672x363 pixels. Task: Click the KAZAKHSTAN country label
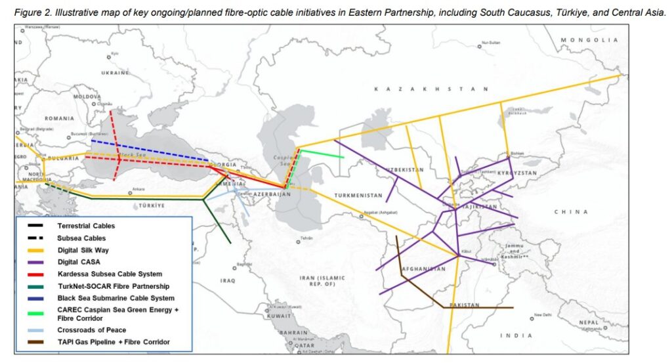[x=430, y=89]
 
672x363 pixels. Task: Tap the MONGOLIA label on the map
[x=589, y=40]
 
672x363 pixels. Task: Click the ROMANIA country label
[x=59, y=118]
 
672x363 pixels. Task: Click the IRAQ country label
[x=228, y=280]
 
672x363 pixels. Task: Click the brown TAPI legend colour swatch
[x=37, y=342]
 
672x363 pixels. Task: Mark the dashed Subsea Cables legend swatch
[x=37, y=238]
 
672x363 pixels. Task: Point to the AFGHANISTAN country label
[x=423, y=269]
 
